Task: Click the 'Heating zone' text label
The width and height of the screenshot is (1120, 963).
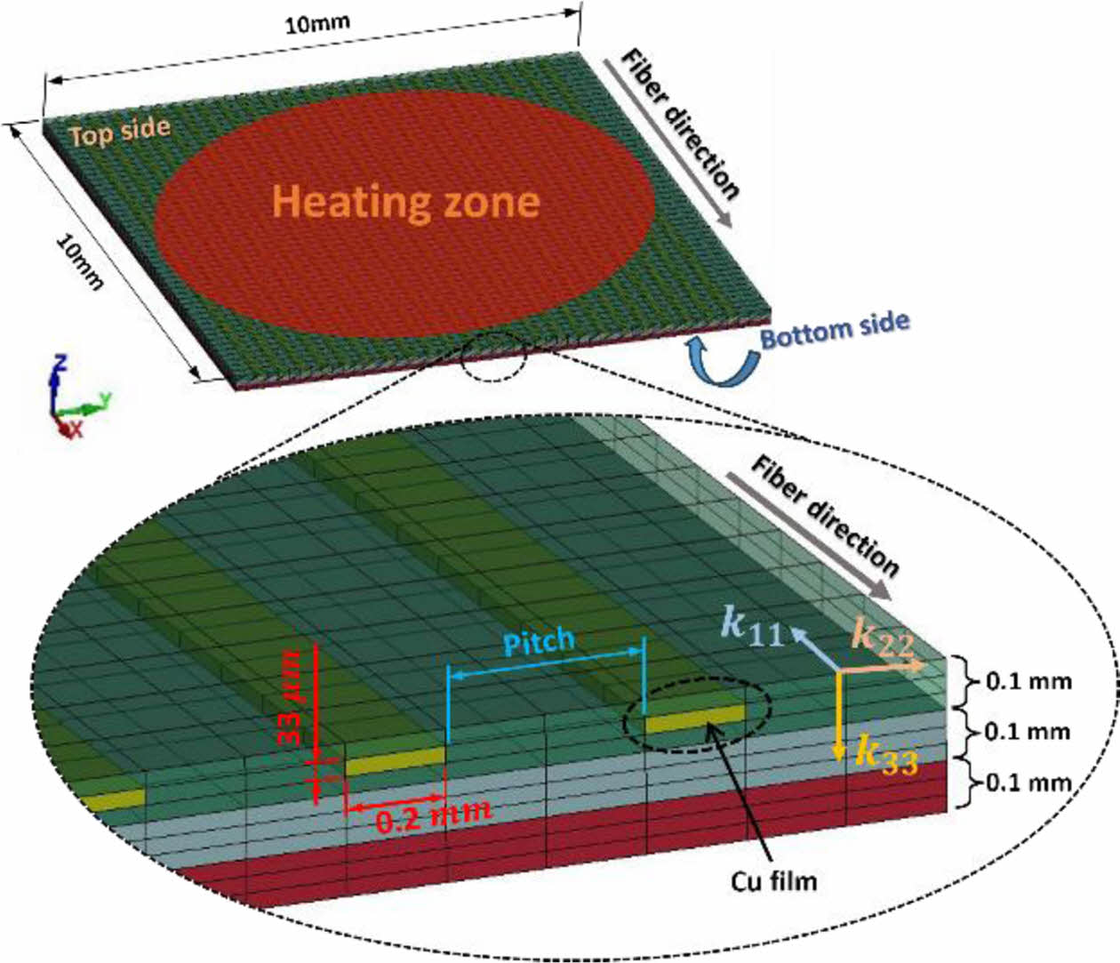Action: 405,202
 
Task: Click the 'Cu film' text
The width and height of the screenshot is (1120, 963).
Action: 773,880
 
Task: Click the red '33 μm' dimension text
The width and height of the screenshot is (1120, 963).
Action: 291,699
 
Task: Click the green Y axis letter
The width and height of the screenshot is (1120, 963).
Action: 105,399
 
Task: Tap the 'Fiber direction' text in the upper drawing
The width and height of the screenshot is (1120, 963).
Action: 681,124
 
